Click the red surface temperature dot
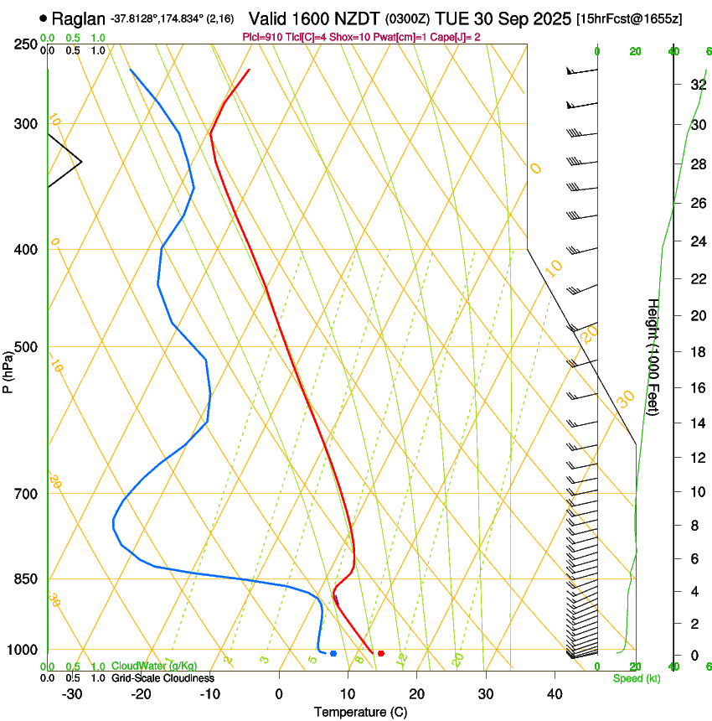(x=381, y=653)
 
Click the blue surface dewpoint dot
(x=333, y=653)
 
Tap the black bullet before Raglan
(x=43, y=18)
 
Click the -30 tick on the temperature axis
(x=72, y=694)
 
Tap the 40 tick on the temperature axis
(x=555, y=694)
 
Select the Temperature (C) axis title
(x=360, y=713)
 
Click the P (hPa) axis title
(x=8, y=370)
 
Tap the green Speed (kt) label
(x=637, y=678)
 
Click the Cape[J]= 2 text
(x=453, y=37)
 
